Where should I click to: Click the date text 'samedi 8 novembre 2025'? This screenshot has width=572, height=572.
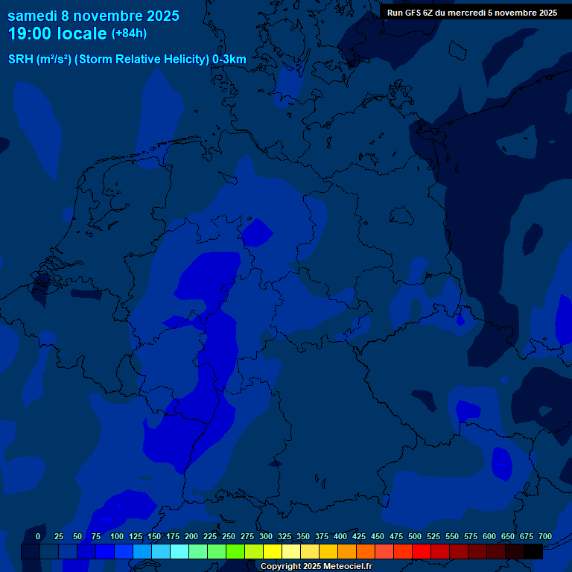click(93, 16)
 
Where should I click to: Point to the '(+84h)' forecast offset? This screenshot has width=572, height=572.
click(129, 34)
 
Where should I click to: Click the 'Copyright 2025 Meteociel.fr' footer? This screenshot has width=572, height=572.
click(316, 567)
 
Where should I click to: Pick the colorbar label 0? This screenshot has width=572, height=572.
click(38, 536)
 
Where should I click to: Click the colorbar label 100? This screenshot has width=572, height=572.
click(117, 536)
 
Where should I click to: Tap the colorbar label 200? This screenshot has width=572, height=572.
click(191, 536)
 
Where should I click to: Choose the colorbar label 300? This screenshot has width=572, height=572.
click(266, 536)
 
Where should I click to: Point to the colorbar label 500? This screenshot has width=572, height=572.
click(415, 536)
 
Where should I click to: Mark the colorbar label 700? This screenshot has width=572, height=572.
click(545, 536)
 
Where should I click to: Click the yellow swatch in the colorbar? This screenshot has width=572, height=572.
click(273, 552)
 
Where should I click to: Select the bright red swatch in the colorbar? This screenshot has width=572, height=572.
click(422, 552)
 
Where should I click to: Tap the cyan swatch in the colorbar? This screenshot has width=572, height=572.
click(179, 552)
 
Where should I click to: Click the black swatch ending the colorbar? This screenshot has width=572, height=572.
click(533, 552)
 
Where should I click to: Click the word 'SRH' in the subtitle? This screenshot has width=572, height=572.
click(20, 60)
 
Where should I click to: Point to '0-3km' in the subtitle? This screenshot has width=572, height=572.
click(229, 60)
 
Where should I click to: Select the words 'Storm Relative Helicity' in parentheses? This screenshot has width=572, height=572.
click(142, 60)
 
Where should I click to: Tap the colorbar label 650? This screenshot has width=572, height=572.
click(508, 536)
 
